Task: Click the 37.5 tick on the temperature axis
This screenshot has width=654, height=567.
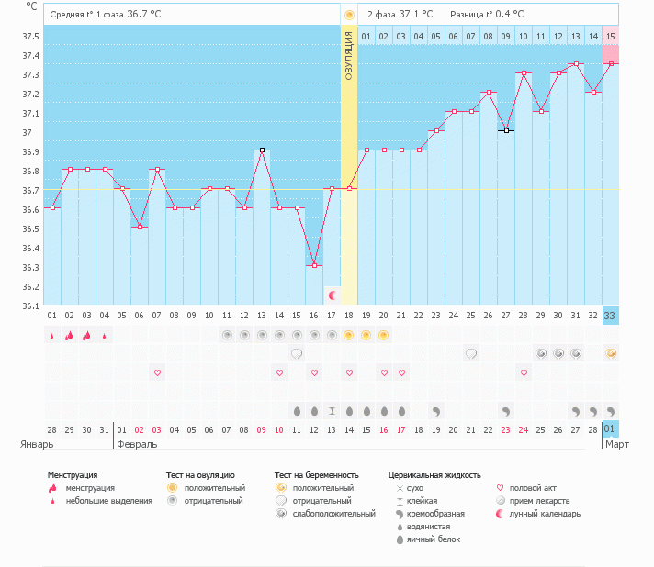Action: (30, 36)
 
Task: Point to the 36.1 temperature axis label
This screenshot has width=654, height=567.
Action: (30, 306)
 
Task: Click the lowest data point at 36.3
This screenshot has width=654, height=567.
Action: (314, 265)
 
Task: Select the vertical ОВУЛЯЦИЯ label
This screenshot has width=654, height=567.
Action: (349, 55)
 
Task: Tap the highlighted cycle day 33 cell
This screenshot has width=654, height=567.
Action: (611, 316)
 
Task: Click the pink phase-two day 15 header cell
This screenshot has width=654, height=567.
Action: (611, 36)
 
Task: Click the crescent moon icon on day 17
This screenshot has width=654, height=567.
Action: (332, 295)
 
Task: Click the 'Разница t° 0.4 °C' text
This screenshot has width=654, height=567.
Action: (487, 15)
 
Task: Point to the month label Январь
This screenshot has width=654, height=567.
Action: (37, 444)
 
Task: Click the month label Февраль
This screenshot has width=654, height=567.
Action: (137, 444)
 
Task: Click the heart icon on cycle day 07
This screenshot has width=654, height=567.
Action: (157, 372)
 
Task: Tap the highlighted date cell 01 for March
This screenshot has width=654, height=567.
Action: (611, 428)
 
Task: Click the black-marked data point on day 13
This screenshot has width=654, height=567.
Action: (262, 150)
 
